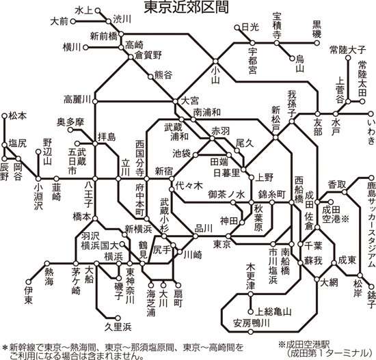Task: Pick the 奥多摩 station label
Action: (x=70, y=122)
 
